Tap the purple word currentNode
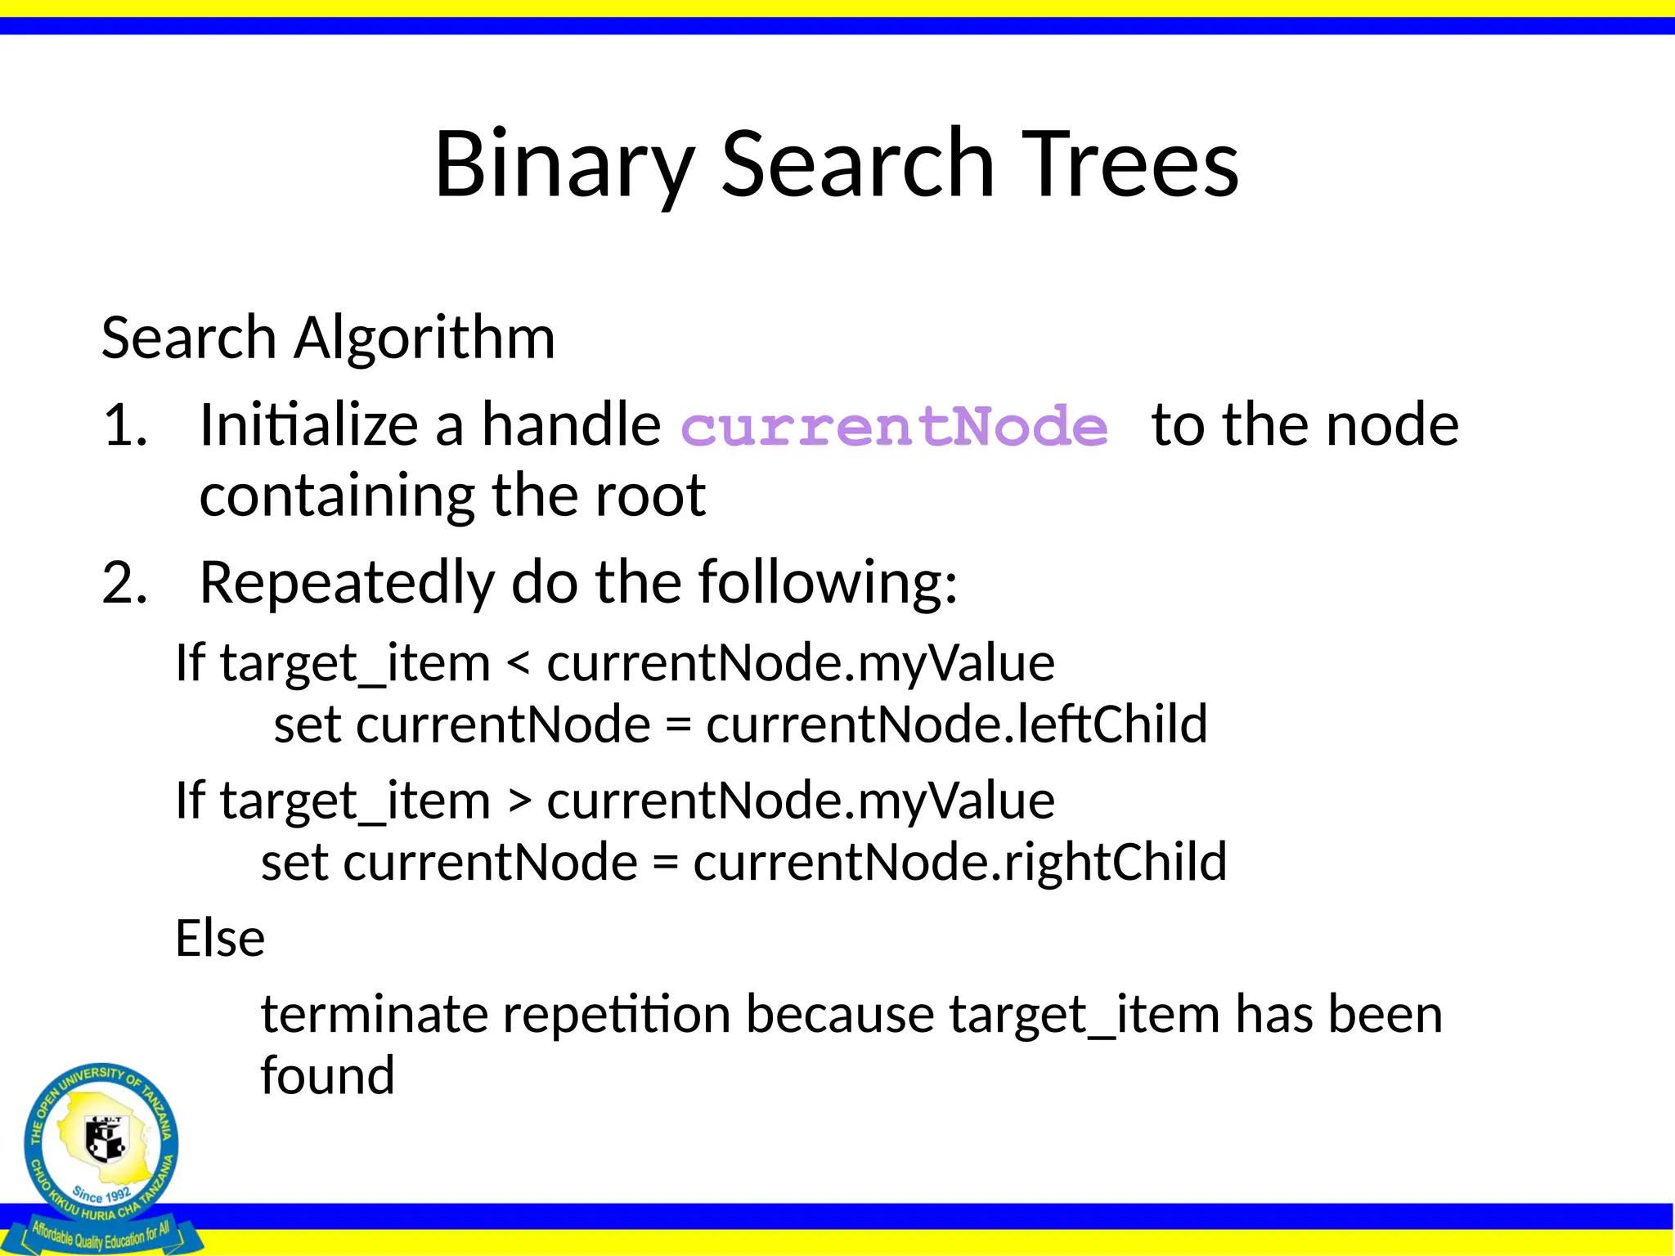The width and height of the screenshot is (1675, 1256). click(894, 427)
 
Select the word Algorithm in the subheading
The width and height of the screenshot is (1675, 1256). click(424, 339)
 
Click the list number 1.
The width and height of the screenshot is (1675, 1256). click(124, 425)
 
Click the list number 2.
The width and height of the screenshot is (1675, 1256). click(124, 583)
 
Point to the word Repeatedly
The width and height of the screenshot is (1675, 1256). click(347, 583)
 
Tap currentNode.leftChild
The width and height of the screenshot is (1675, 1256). click(956, 724)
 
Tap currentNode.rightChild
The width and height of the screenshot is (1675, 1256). click(959, 862)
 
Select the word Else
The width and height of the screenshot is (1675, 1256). click(219, 938)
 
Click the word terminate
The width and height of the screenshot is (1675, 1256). click(372, 1014)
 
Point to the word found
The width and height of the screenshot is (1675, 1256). click(327, 1075)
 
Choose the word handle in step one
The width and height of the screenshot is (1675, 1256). click(570, 425)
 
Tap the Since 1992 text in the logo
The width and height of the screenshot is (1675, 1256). click(101, 1195)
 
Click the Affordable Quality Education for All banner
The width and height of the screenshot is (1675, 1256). click(101, 1233)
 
